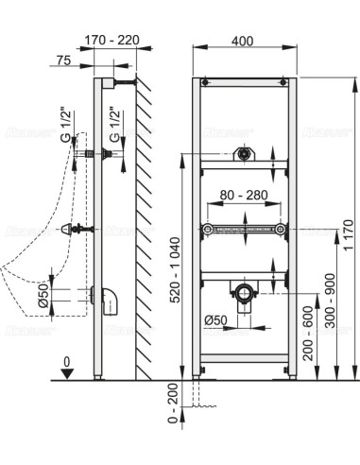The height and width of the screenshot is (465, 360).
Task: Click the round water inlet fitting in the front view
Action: (x=245, y=153)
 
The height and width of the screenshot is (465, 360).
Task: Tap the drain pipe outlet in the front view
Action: (x=245, y=290)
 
